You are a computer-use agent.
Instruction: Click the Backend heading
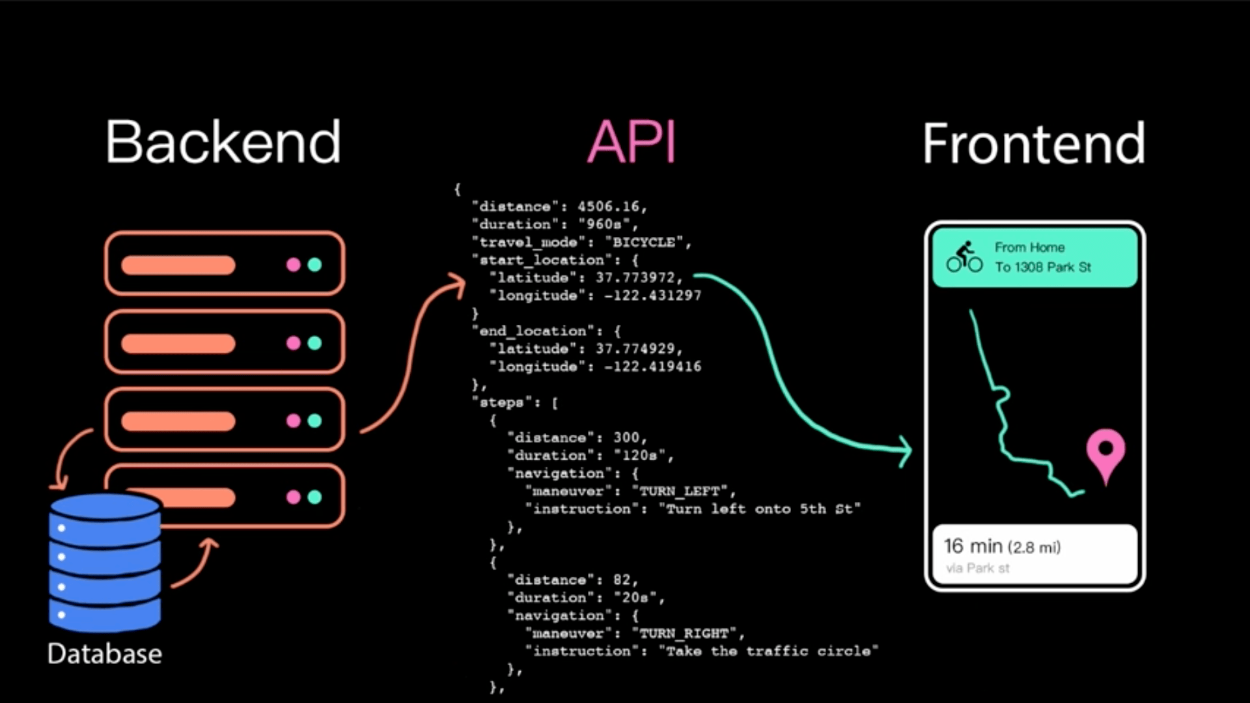(x=223, y=141)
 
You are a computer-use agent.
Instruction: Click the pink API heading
(x=632, y=141)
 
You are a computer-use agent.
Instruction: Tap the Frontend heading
(x=1034, y=143)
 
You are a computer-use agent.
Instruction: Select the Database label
(x=105, y=654)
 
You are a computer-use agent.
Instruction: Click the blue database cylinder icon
(x=105, y=562)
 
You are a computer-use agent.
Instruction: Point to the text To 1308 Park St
(x=1043, y=267)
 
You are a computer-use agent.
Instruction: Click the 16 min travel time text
(x=973, y=546)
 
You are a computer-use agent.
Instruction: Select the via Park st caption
(x=978, y=568)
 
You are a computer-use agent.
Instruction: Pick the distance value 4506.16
(x=608, y=206)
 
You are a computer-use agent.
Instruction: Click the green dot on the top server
(x=314, y=265)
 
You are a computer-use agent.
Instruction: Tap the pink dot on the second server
(x=294, y=343)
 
